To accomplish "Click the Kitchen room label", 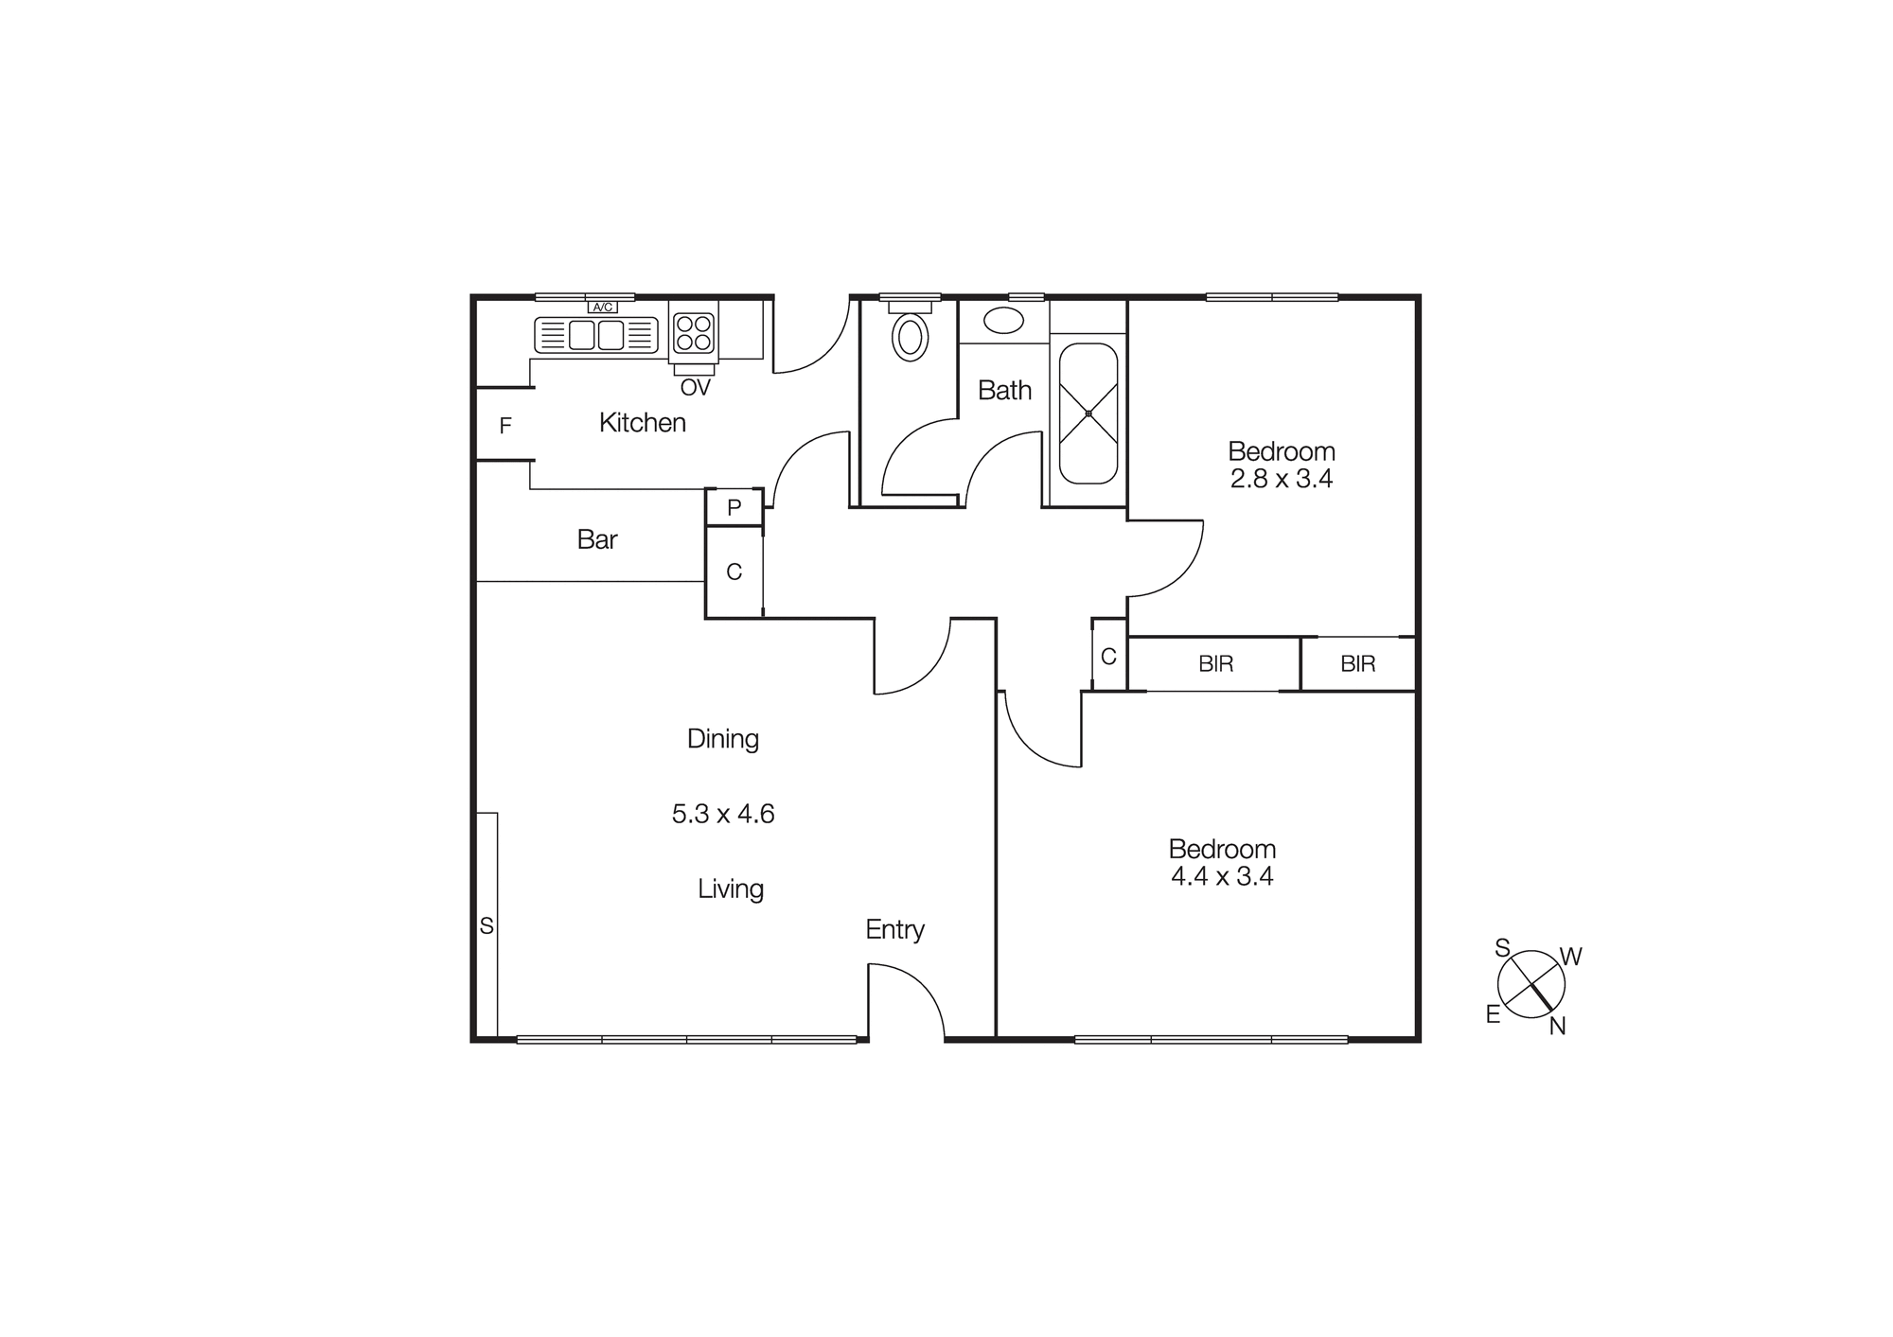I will tap(642, 423).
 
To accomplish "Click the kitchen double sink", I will tap(596, 335).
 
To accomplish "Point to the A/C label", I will tap(602, 307).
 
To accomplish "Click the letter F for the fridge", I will tap(505, 426).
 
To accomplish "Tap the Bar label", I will tap(596, 539).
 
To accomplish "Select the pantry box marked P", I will tap(734, 508).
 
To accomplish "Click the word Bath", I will tap(1004, 390).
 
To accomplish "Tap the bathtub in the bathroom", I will tap(1088, 413).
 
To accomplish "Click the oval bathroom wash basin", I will tap(1003, 320).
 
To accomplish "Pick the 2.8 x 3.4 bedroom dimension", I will tap(1282, 479).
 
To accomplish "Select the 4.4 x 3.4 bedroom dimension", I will tap(1222, 876).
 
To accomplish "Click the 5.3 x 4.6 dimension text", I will tap(723, 814).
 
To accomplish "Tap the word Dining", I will tap(723, 738).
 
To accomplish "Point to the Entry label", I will tap(894, 929).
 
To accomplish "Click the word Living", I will tap(730, 888).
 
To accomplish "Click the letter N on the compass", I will tap(1557, 1026).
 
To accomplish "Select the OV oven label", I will tap(695, 387).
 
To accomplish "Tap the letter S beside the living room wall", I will tap(487, 926).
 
